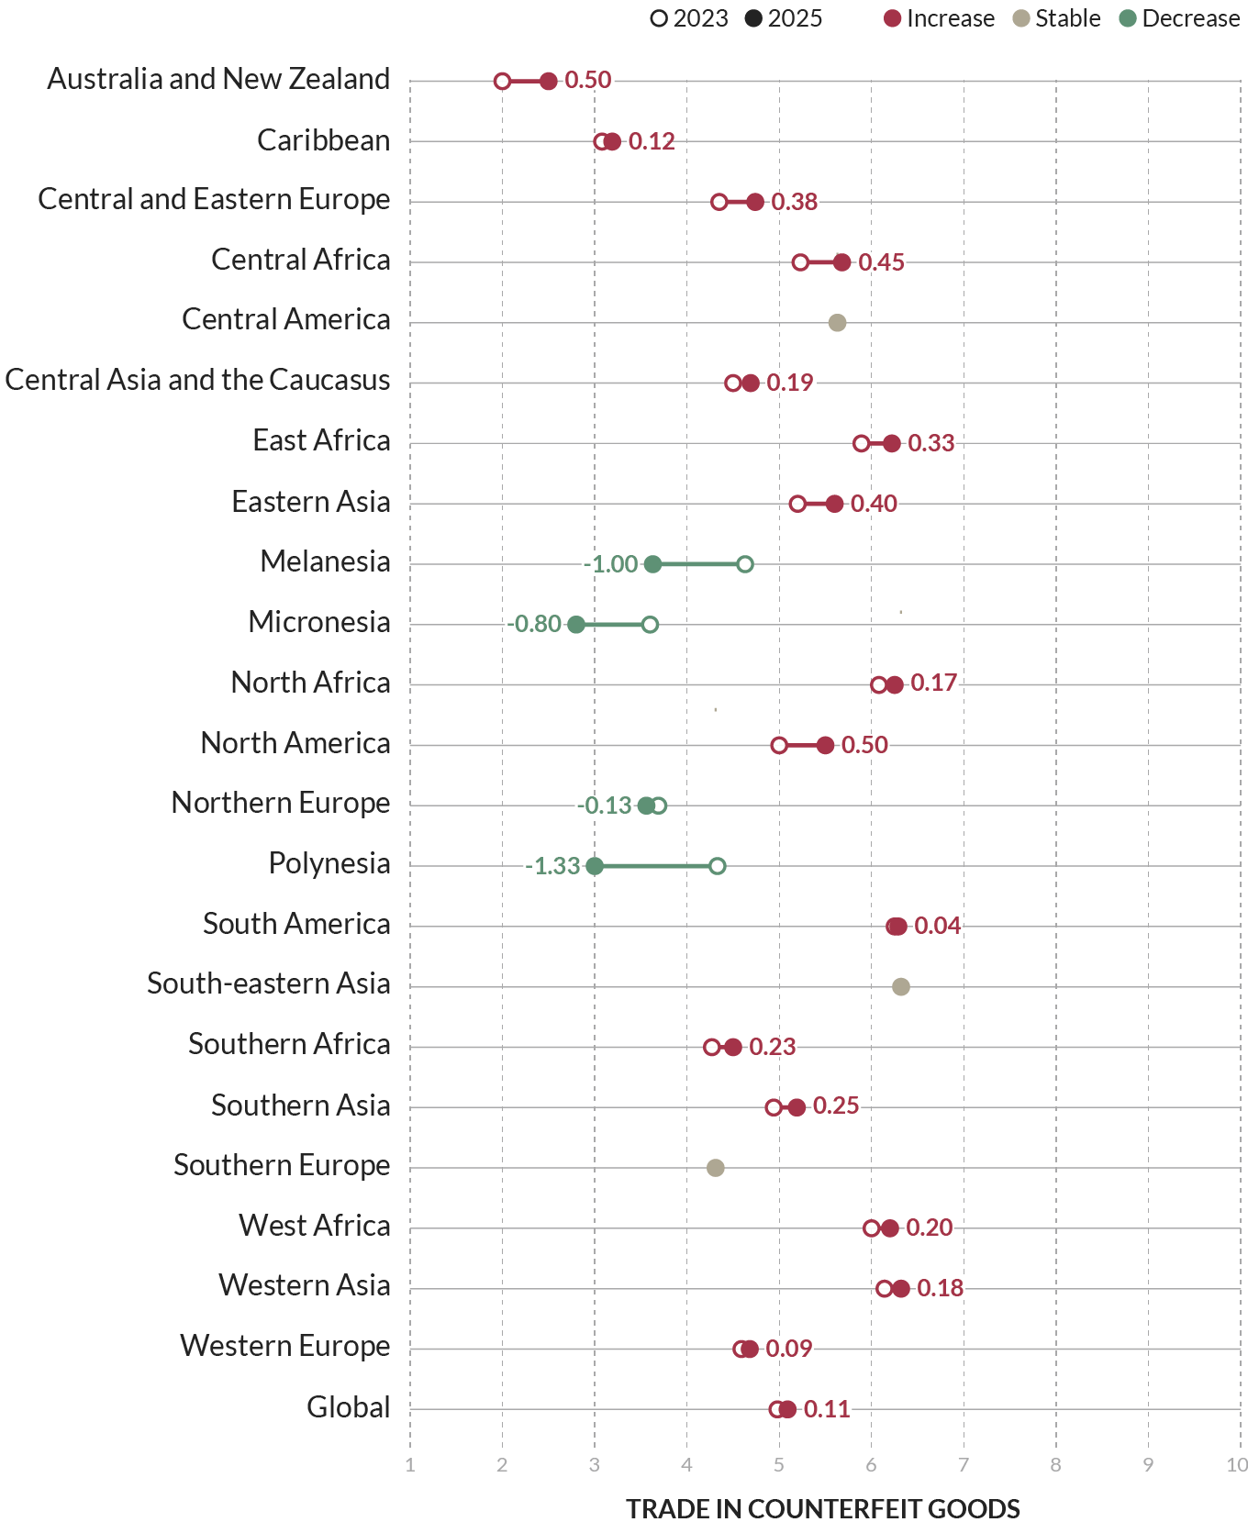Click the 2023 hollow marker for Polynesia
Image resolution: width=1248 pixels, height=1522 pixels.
(718, 866)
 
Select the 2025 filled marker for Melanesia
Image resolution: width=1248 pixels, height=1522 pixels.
(652, 564)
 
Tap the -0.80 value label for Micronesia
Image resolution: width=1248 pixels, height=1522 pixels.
(534, 625)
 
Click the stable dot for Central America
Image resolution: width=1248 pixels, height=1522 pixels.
(837, 323)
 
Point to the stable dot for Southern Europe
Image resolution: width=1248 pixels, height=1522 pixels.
(716, 1168)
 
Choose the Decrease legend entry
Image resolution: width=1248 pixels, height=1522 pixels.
(1180, 18)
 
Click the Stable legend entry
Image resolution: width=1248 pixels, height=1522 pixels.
(1057, 18)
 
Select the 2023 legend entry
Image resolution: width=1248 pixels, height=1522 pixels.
(689, 18)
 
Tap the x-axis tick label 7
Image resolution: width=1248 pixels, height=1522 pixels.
(964, 1465)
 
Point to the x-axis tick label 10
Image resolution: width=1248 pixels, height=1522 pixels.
(1236, 1465)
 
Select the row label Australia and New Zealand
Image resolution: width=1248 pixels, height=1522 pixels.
(218, 80)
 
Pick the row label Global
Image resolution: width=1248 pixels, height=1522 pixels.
(349, 1407)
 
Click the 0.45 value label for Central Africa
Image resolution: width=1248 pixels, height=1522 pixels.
(882, 262)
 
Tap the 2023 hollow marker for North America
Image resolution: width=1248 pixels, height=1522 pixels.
(779, 745)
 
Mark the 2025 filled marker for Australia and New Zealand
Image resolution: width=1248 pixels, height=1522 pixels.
(549, 82)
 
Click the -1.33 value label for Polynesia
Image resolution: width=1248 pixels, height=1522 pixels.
(553, 866)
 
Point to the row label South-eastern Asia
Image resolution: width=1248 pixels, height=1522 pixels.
(269, 984)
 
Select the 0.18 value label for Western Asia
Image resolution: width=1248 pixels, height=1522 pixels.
(941, 1288)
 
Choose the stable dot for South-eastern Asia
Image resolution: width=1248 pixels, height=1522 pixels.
(901, 987)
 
